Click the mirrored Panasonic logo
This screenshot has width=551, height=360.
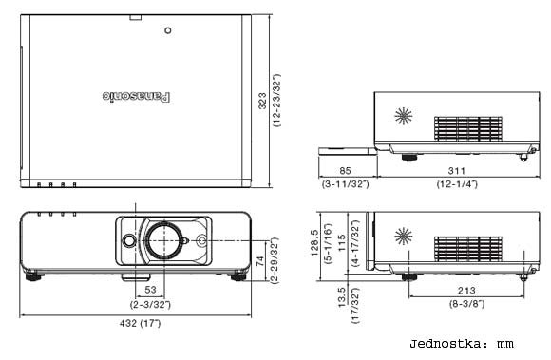[137, 97]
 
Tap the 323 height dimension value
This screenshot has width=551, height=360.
[262, 101]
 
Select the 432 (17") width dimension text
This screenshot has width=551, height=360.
[140, 323]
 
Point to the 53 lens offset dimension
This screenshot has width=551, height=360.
[150, 290]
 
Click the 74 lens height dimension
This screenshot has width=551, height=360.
[260, 261]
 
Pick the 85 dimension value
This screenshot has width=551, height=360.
[345, 171]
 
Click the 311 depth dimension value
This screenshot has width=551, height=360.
[456, 171]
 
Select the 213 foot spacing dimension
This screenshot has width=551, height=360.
[466, 291]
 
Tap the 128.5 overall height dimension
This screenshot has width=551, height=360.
[314, 243]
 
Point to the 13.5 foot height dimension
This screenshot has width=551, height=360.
[342, 297]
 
